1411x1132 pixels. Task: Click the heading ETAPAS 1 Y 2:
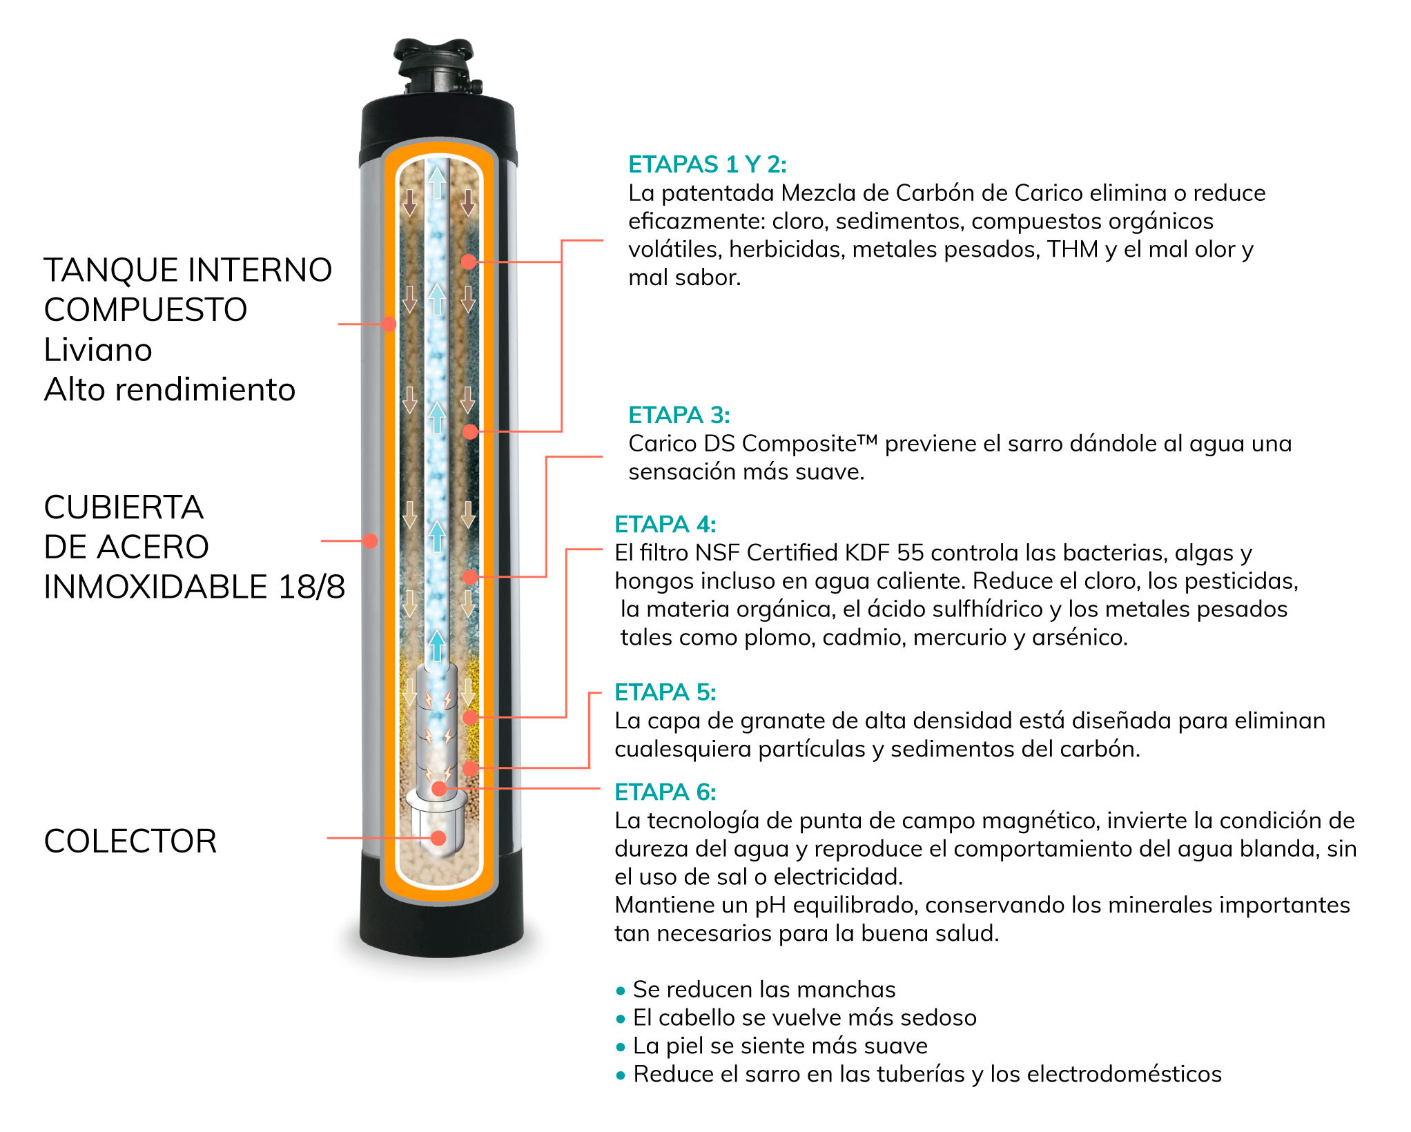coord(707,164)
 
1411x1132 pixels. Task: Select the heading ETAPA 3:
coord(679,415)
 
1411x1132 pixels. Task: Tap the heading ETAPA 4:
coord(665,525)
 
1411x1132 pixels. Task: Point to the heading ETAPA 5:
coord(665,692)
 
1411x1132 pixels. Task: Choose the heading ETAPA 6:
coord(665,792)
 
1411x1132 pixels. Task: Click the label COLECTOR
coord(130,841)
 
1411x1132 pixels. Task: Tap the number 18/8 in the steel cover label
coord(311,587)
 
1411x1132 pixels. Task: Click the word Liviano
coord(98,350)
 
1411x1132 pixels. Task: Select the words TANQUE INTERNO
coord(188,270)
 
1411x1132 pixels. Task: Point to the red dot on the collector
coord(438,838)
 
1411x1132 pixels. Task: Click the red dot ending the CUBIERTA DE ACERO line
coord(370,540)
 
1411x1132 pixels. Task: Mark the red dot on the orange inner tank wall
coord(389,324)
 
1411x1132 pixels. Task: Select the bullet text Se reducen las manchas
coord(764,990)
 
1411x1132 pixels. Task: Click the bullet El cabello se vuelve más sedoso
coord(805,1018)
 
